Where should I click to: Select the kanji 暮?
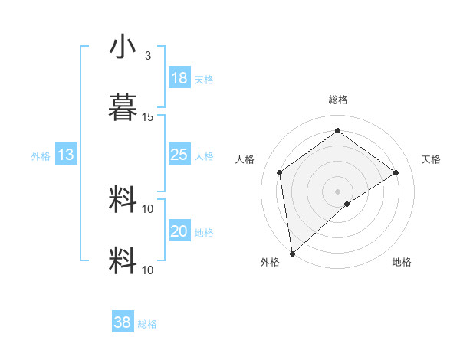(123, 108)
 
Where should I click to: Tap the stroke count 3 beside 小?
(148, 56)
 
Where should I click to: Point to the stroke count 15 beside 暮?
(148, 117)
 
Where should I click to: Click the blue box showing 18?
(179, 78)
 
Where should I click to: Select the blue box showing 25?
(179, 155)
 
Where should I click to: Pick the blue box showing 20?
(179, 231)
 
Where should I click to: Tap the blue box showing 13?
(66, 155)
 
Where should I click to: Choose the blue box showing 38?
(123, 322)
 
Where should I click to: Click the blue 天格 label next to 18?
(204, 80)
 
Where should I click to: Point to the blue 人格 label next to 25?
(204, 156)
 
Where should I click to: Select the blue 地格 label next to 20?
(204, 233)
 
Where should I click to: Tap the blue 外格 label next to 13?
(41, 156)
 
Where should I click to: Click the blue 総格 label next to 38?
(147, 324)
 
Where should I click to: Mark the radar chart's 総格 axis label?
(338, 100)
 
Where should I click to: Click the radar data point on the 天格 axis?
(396, 172)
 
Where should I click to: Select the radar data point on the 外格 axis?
(292, 253)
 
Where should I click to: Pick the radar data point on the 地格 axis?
(348, 204)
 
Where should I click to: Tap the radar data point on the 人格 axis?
(280, 172)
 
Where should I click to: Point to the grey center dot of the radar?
(338, 191)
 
